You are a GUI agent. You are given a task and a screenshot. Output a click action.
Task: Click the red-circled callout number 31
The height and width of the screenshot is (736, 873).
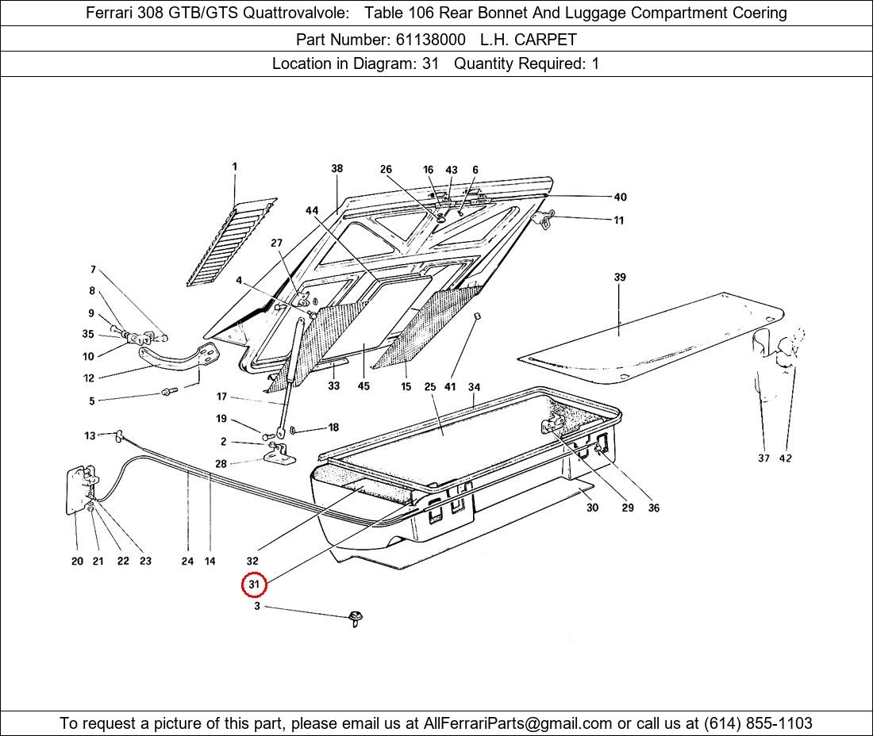coord(254,585)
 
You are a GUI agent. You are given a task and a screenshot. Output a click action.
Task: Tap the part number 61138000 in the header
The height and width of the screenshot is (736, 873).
coord(430,40)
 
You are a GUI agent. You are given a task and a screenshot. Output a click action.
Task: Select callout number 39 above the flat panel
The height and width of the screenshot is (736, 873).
coord(620,277)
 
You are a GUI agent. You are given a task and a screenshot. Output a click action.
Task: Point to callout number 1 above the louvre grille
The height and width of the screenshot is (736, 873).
coord(234,167)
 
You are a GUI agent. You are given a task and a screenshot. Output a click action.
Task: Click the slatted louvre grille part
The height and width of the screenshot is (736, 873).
coord(232,241)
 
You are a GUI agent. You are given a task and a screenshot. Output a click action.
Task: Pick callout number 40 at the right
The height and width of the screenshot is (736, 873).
coord(621,197)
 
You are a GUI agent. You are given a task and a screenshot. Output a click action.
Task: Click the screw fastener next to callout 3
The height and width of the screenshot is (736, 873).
coord(356,618)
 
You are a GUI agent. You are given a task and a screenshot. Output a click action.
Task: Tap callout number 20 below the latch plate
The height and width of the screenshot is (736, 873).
coord(78,562)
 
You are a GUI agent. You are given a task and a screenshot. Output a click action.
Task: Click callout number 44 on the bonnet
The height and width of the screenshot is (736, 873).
coord(312,210)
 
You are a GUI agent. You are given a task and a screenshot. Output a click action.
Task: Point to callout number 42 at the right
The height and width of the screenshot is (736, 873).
coord(785,458)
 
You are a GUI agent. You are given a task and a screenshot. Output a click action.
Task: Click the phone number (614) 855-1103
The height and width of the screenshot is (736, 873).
coord(758,723)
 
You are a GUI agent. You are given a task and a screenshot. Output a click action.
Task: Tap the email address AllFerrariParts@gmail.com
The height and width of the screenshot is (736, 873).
coord(517,723)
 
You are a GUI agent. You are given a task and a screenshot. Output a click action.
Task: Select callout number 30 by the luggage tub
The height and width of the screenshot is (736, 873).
coord(592,508)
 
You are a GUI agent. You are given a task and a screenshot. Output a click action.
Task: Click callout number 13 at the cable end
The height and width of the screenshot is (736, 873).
coord(90,435)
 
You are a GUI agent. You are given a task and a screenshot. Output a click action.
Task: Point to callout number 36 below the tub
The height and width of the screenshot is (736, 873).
coord(654,508)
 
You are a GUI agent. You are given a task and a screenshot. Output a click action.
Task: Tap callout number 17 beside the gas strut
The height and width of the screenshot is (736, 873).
coord(221,397)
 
